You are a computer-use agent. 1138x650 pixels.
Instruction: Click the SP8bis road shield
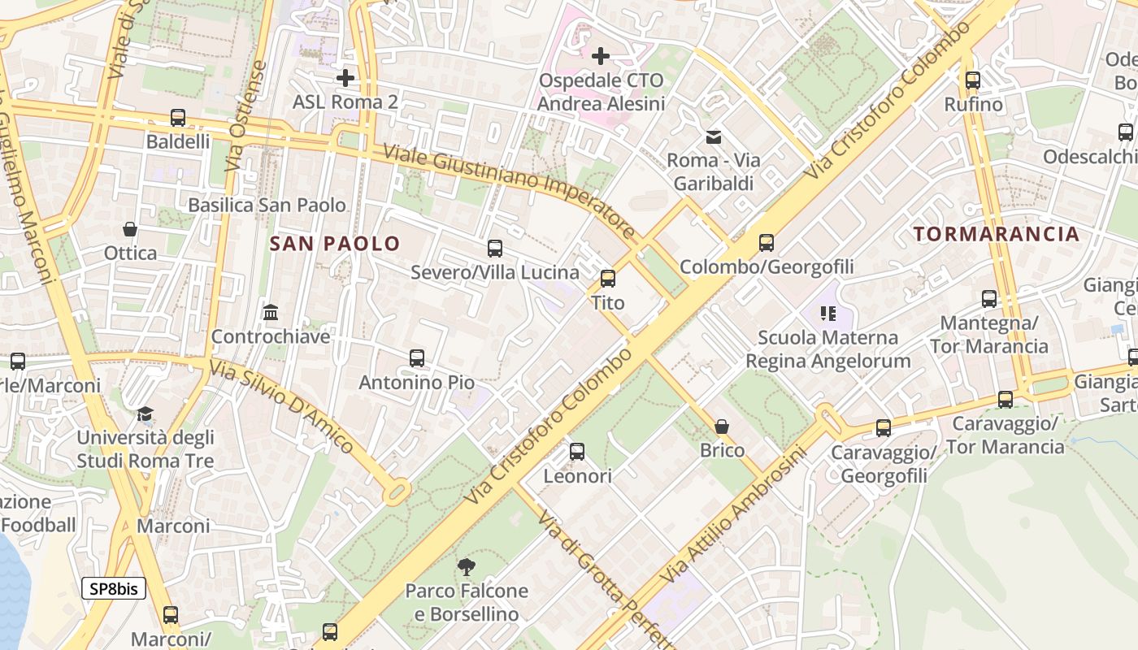(x=114, y=588)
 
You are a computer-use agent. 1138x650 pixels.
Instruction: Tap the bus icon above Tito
(x=608, y=279)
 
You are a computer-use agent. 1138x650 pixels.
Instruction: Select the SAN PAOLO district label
(x=335, y=243)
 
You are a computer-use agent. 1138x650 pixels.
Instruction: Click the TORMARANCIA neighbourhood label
(x=997, y=234)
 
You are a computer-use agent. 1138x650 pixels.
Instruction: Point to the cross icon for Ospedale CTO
(x=601, y=56)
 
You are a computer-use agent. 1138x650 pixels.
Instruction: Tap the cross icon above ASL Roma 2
(x=345, y=78)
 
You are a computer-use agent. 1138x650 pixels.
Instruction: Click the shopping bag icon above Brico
(x=722, y=427)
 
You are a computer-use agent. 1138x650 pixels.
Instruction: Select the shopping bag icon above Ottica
(x=130, y=229)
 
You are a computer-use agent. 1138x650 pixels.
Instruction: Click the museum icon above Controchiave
(x=271, y=313)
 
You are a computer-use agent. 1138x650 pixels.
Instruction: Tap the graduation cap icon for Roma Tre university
(x=146, y=414)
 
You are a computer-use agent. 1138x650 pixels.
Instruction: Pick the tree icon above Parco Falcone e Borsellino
(x=467, y=566)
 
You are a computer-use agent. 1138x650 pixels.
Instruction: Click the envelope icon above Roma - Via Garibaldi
(x=714, y=137)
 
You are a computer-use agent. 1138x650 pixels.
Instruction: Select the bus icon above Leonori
(x=577, y=452)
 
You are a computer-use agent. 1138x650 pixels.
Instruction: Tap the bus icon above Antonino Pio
(x=417, y=357)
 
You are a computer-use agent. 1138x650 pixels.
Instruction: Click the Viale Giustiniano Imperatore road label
(x=508, y=188)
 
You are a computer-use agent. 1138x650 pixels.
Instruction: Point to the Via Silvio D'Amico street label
(x=282, y=406)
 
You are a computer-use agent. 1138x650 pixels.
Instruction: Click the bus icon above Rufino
(x=973, y=80)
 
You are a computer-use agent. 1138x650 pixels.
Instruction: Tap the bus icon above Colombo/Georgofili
(x=767, y=242)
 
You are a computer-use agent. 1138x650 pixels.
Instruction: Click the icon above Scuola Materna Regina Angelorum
(x=828, y=313)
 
